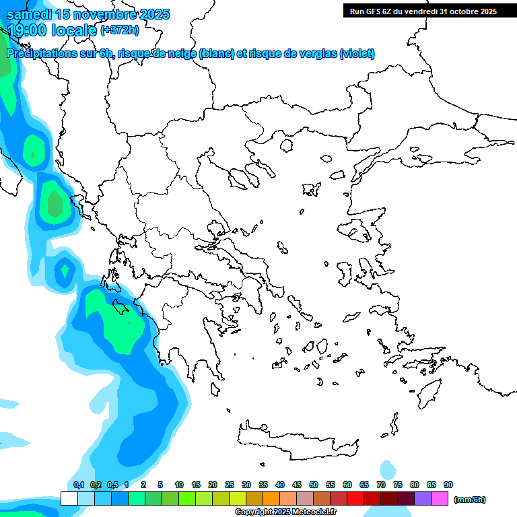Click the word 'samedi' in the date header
coord(29,14)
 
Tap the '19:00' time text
coord(28,30)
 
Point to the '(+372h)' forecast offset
coord(120,30)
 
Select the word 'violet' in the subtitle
coord(357,54)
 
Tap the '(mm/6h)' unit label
coord(470,499)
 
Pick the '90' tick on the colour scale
coord(448,485)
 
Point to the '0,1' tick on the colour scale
coord(78,485)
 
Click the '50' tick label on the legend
coord(314,485)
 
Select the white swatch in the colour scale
coord(69,499)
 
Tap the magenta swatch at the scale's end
coord(440,499)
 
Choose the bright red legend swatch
coord(355,499)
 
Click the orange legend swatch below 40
coord(271,499)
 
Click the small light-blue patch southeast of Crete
coord(388,469)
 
